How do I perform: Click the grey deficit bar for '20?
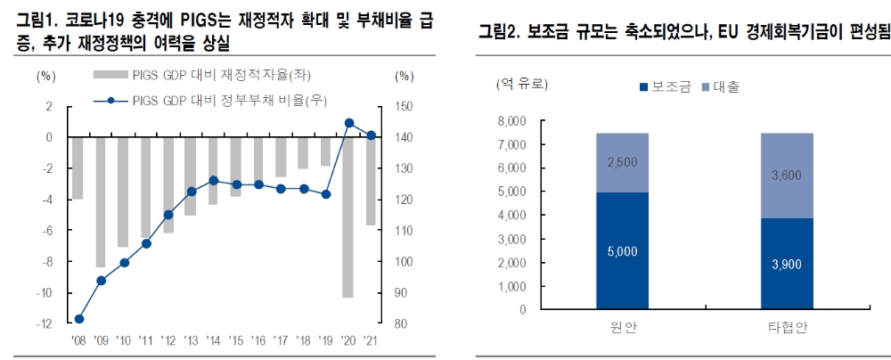pos(348,217)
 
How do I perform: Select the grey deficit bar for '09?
pos(102,202)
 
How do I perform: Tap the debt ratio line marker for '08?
pos(79,319)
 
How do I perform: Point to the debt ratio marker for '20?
pos(348,123)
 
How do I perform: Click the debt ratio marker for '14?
pos(213,180)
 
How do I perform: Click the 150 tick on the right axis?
pos(404,107)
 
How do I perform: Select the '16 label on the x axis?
pos(258,341)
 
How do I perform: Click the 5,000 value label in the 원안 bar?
pos(622,252)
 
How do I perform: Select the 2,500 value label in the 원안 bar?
pos(622,163)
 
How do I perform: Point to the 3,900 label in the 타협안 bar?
pos(787,265)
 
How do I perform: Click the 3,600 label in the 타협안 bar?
pos(787,176)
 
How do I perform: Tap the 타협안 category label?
pos(787,327)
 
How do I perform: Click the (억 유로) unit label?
pos(522,85)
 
